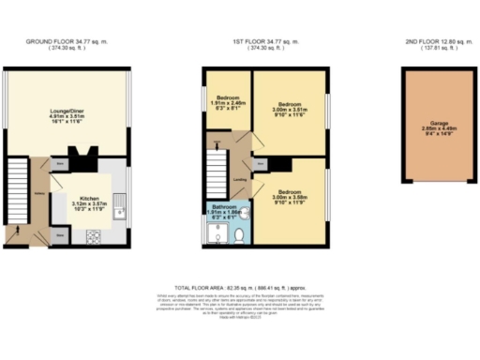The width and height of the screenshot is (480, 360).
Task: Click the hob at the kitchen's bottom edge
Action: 94,237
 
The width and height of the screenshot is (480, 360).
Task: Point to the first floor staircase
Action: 217,174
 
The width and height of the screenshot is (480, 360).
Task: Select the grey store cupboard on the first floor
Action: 260,163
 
